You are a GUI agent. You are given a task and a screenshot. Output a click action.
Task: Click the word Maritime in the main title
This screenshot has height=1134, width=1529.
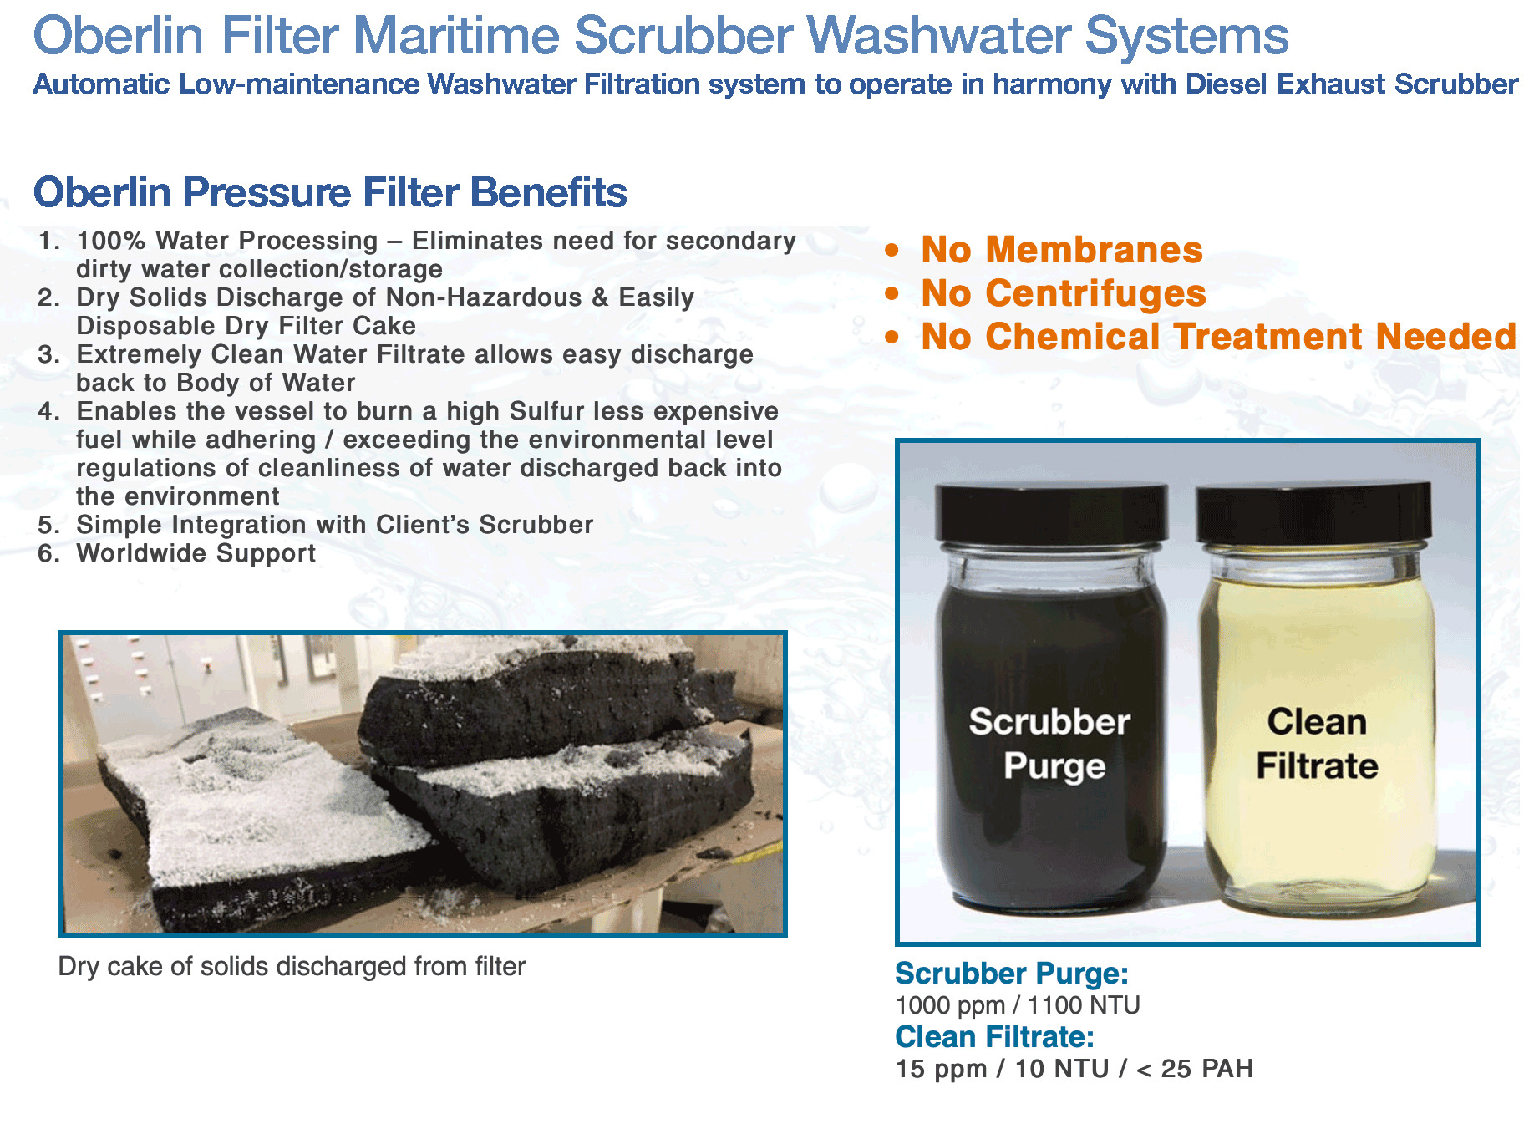458,36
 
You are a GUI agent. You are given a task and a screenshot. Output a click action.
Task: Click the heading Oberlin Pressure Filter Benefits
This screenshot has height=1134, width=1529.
330,192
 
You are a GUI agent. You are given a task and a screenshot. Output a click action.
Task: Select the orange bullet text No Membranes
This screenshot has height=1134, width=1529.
1061,250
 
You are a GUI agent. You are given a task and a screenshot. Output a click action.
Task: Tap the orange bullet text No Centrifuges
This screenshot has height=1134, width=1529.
1063,293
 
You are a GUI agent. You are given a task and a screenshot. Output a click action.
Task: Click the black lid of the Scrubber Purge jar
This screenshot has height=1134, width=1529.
1050,512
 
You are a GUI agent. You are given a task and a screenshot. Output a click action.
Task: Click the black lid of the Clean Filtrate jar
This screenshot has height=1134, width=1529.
1313,512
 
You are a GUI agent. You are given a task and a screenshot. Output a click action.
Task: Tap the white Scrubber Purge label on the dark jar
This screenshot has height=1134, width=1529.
1050,744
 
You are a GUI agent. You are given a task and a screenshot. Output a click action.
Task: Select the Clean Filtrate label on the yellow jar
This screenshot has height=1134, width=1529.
1317,744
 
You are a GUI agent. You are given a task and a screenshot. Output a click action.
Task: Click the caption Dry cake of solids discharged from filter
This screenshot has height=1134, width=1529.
292,967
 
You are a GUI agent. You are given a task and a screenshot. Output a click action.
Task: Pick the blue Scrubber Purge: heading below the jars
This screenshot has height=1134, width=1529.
1011,974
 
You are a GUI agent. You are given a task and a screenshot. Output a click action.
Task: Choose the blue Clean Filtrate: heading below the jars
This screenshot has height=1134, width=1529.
994,1037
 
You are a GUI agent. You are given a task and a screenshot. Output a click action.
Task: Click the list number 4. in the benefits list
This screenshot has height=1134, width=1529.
48,411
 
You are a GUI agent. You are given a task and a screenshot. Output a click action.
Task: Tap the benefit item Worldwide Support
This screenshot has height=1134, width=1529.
196,553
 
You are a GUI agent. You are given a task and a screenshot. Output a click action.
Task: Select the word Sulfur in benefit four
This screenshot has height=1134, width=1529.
547,411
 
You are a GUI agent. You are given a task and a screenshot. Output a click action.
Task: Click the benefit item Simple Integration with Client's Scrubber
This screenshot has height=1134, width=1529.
334,525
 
